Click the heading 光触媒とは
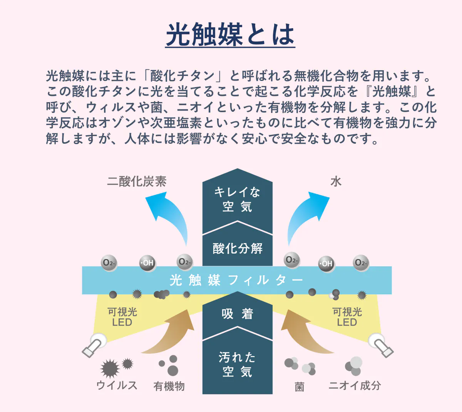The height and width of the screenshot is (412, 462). pyautogui.click(x=230, y=35)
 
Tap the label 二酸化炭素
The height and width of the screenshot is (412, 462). pyautogui.click(x=137, y=182)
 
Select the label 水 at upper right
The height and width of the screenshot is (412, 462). pyautogui.click(x=336, y=182)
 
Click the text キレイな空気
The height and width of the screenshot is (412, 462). pyautogui.click(x=237, y=199)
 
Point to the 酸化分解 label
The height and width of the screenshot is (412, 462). pyautogui.click(x=238, y=249)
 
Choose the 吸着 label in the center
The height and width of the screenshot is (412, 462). pyautogui.click(x=238, y=314)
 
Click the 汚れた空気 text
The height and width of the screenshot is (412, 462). pyautogui.click(x=237, y=364)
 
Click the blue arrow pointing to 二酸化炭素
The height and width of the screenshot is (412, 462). pyautogui.click(x=169, y=216)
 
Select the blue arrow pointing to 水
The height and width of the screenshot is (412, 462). pyautogui.click(x=306, y=216)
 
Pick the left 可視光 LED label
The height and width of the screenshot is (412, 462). pyautogui.click(x=122, y=317)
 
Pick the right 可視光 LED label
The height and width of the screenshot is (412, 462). pyautogui.click(x=347, y=317)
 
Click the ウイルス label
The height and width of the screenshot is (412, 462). pyautogui.click(x=117, y=385)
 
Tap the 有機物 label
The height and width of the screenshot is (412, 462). pyautogui.click(x=169, y=386)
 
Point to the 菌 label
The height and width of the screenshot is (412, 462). pyautogui.click(x=300, y=387)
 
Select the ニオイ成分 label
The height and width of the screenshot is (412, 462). pyautogui.click(x=355, y=385)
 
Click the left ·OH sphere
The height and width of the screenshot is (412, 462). pyautogui.click(x=147, y=263)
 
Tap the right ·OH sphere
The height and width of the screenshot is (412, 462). pyautogui.click(x=326, y=264)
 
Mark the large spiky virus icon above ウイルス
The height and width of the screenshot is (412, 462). pyautogui.click(x=110, y=368)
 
